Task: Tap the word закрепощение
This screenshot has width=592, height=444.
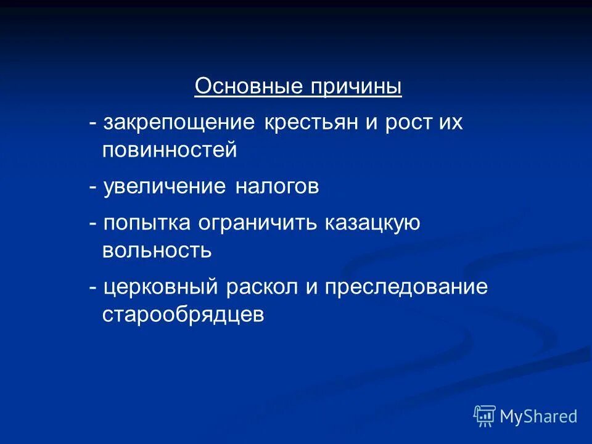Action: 179,123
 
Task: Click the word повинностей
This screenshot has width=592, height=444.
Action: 170,150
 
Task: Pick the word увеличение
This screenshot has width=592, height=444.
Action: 165,186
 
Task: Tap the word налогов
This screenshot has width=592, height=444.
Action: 277,186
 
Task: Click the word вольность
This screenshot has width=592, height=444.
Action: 157,250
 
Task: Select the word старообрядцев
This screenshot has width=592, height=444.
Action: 183,314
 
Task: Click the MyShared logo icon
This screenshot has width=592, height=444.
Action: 485,417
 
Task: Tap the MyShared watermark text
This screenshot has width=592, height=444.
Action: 538,417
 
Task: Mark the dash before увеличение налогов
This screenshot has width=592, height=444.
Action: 92,187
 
